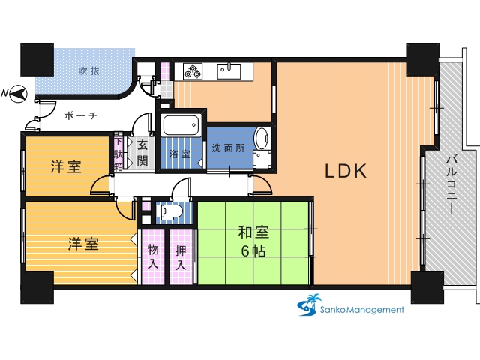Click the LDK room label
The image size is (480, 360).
click(x=345, y=171)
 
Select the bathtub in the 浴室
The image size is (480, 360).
click(x=181, y=125)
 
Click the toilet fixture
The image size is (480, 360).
click(x=169, y=211)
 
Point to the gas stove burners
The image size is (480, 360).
click(x=193, y=70)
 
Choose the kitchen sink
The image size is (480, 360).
click(x=229, y=71)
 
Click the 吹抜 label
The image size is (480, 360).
click(x=89, y=71)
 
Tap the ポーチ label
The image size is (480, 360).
click(x=81, y=115)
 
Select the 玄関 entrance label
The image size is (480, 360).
click(x=142, y=153)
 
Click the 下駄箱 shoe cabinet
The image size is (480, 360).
click(x=118, y=151)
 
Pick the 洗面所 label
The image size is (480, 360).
click(x=228, y=148)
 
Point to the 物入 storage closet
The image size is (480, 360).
click(x=153, y=256)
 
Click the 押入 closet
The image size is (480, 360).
click(x=181, y=256)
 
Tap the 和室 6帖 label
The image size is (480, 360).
click(x=253, y=241)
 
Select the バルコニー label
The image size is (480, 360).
click(x=451, y=185)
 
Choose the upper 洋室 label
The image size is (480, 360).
click(x=66, y=166)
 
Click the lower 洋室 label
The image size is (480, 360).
click(x=83, y=244)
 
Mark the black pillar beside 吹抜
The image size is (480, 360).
click(x=37, y=60)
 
